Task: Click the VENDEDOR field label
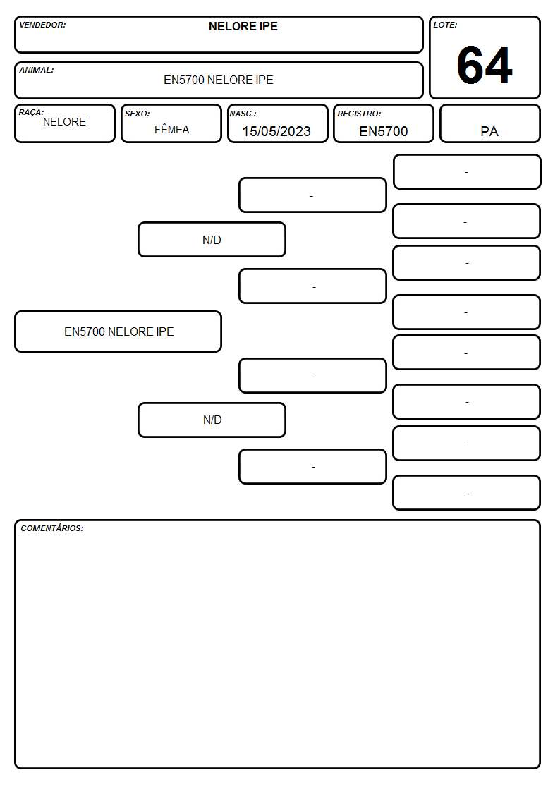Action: tap(42, 25)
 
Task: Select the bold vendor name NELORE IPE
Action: tap(243, 26)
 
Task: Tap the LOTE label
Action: tap(445, 25)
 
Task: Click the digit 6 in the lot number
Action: tap(470, 65)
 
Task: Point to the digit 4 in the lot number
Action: tap(499, 65)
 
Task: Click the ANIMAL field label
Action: tap(37, 71)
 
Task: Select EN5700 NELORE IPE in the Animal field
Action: tap(218, 80)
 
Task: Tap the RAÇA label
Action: tap(31, 112)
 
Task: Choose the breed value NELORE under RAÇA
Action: tap(64, 122)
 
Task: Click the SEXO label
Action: tap(138, 114)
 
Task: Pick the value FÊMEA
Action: tap(171, 129)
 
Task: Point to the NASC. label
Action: tap(243, 114)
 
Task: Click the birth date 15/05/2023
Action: tap(276, 131)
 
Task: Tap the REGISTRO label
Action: tap(359, 114)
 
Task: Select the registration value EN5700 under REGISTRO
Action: tap(383, 131)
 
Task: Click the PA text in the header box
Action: tap(489, 131)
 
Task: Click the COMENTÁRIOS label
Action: tap(52, 528)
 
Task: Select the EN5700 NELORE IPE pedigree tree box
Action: tap(118, 331)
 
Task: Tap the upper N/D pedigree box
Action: tap(212, 239)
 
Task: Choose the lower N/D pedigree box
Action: tap(212, 420)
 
